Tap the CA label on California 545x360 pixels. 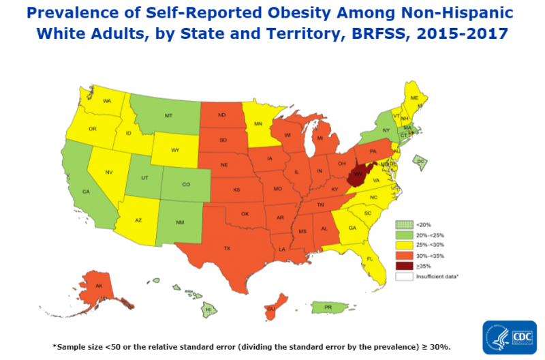coord(87,192)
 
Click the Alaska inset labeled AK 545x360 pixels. coord(98,286)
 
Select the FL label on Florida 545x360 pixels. coord(370,259)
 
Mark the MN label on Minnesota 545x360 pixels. coord(258,123)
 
